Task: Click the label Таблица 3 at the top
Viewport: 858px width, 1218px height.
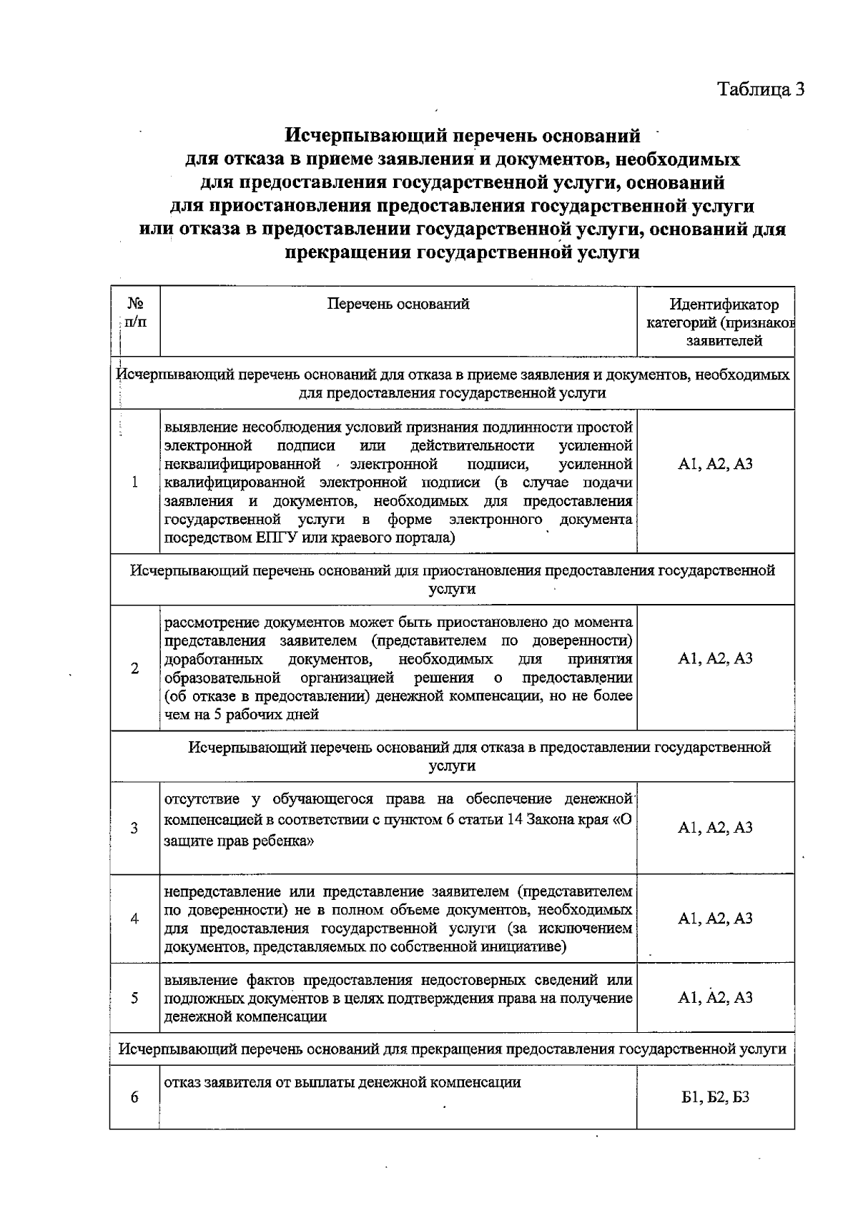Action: click(x=761, y=89)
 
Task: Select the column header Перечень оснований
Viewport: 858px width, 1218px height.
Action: click(x=398, y=304)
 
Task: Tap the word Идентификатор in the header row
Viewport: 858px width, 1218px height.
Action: click(x=724, y=305)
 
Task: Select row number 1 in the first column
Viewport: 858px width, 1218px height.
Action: click(x=134, y=482)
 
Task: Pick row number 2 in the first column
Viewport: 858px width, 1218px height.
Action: click(x=134, y=668)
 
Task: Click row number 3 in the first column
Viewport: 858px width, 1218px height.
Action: click(x=134, y=828)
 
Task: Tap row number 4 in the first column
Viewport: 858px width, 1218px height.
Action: click(x=134, y=919)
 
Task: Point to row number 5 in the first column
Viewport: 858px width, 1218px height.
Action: click(x=134, y=998)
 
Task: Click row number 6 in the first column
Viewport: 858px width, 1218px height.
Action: click(x=134, y=1098)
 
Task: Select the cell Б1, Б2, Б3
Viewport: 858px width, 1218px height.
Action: click(x=715, y=1098)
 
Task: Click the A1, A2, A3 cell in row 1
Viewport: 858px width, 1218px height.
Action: click(x=715, y=465)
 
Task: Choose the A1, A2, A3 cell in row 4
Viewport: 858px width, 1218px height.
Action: click(x=715, y=919)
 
